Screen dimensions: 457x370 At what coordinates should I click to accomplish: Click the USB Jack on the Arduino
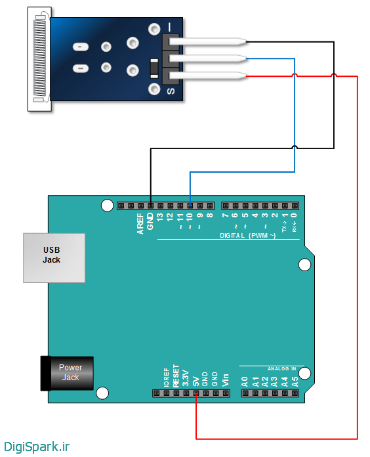click(54, 257)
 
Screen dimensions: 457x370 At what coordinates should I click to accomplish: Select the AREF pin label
click(140, 223)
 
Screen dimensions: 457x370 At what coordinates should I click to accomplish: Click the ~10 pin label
click(190, 219)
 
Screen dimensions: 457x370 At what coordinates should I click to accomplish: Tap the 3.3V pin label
click(186, 377)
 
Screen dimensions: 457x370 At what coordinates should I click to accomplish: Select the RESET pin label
click(176, 374)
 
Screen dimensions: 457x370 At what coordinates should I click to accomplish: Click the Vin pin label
click(226, 379)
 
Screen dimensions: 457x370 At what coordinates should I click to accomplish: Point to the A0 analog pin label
click(245, 380)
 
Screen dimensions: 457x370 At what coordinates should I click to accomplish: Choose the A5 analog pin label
click(295, 380)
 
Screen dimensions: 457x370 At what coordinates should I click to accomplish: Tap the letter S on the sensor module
click(171, 91)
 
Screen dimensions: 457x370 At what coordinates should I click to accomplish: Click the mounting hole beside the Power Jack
click(102, 393)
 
